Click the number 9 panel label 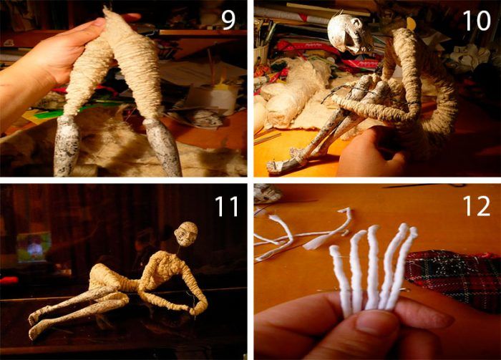point(228,19)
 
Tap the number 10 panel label point(477,20)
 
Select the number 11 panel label point(227,206)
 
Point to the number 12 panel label point(476,206)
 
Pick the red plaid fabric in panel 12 point(454,278)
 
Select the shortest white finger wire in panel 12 point(340,278)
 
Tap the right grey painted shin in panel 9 point(162,147)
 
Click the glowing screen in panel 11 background point(34,247)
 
